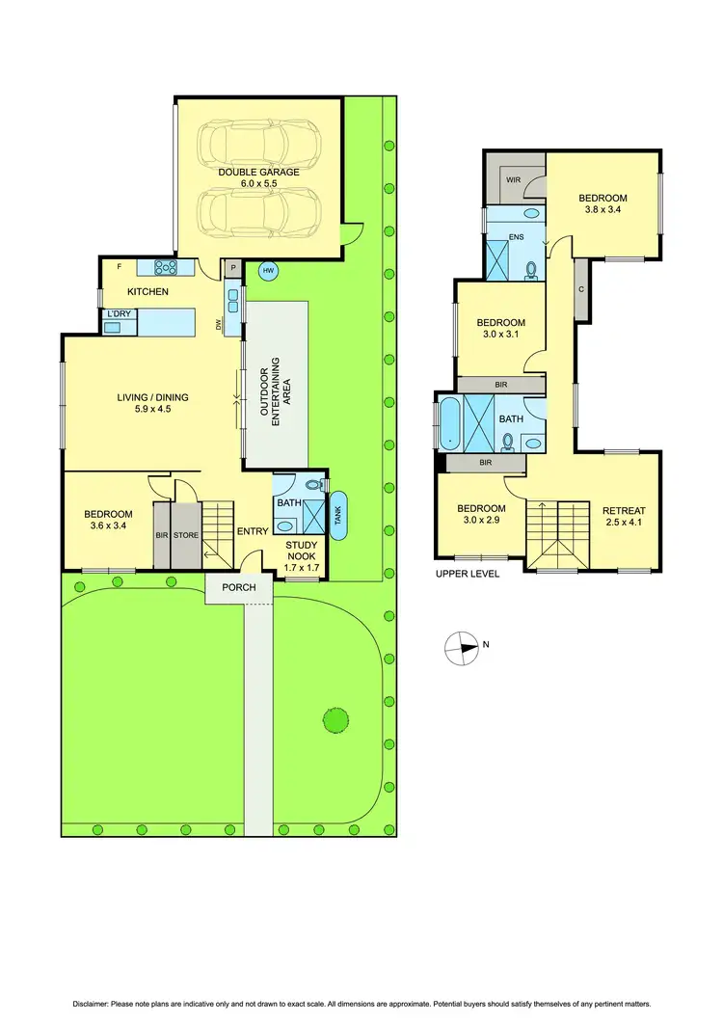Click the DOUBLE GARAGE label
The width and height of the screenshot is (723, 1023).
[x=258, y=172]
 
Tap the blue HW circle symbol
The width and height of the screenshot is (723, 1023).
[x=268, y=271]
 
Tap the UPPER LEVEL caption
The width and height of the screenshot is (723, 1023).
[x=467, y=574]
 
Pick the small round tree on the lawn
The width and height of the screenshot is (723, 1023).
[x=335, y=718]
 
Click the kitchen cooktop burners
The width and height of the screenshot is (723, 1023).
[x=164, y=268]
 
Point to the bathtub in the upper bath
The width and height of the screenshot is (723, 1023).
[x=449, y=424]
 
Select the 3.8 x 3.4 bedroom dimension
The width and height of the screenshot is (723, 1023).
[x=602, y=209]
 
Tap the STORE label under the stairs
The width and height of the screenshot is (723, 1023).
[x=186, y=535]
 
